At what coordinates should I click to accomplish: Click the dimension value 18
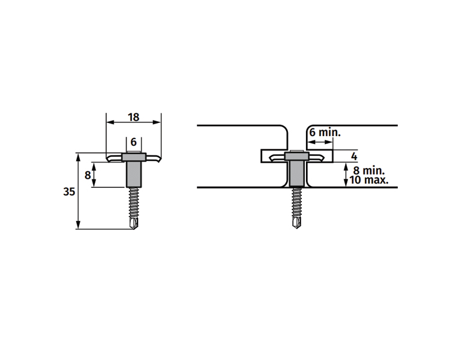click(133, 117)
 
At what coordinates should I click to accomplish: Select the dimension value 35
click(69, 191)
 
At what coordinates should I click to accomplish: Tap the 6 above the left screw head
click(133, 142)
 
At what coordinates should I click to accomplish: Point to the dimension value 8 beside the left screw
click(88, 175)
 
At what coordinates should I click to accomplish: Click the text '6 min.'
click(325, 133)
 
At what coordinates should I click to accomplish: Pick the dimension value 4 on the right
click(354, 157)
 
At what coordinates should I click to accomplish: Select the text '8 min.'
click(369, 170)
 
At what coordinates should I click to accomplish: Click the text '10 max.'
click(369, 180)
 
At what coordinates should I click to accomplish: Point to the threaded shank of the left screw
click(134, 203)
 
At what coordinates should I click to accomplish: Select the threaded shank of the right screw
click(296, 202)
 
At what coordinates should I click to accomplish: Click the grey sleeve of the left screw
click(134, 174)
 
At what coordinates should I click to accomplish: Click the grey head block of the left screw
click(134, 157)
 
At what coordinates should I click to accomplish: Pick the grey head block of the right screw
click(297, 157)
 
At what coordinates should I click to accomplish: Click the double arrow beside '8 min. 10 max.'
click(346, 175)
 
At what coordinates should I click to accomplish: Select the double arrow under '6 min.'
click(320, 142)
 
